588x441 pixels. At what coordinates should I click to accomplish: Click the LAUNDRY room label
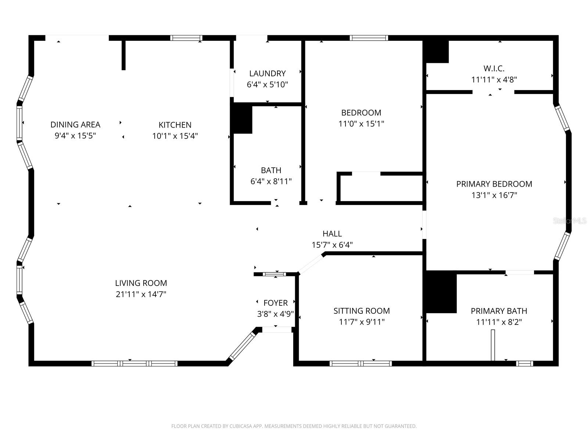[267, 73]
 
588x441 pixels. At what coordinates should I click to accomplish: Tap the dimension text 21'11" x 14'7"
[141, 294]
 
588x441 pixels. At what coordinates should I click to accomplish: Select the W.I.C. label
[494, 68]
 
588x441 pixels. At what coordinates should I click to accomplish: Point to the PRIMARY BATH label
[499, 311]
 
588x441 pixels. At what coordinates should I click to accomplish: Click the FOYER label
[276, 303]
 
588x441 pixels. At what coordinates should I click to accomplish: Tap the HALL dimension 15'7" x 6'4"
[332, 245]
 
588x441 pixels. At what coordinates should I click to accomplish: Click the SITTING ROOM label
[362, 311]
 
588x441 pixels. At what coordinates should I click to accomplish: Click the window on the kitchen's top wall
[186, 38]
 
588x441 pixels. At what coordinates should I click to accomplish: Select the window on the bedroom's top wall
[369, 38]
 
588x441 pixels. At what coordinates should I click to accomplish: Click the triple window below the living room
[135, 363]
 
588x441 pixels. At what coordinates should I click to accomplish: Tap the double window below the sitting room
[361, 363]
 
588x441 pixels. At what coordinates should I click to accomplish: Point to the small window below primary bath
[524, 363]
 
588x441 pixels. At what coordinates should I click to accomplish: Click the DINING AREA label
[75, 125]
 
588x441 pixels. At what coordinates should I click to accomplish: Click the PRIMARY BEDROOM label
[494, 184]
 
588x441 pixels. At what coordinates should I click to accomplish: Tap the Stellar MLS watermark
[570, 221]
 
